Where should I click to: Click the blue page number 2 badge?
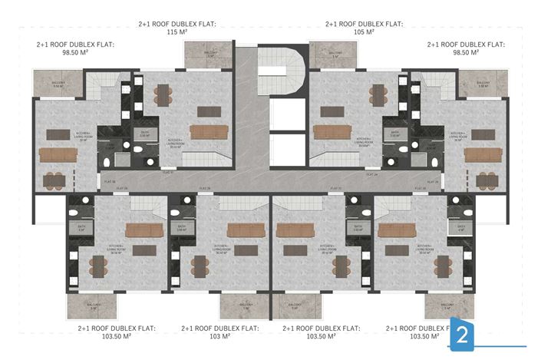click(463, 334)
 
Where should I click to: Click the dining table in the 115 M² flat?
click(164, 94)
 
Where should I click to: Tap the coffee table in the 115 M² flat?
click(206, 110)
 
